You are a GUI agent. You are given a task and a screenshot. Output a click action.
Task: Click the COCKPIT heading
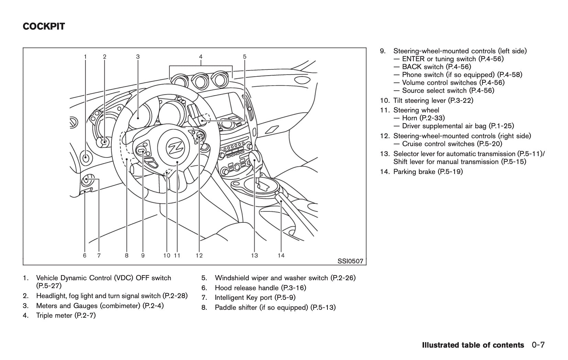tap(44, 26)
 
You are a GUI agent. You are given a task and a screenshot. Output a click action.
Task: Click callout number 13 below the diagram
tap(254, 255)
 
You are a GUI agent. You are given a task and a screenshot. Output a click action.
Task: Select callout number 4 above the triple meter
tap(201, 57)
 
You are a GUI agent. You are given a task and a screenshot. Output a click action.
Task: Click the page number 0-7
tap(538, 345)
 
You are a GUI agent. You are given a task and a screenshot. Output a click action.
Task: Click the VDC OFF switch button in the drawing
tap(86, 157)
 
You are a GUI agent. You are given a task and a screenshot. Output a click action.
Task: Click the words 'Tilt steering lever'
tap(420, 100)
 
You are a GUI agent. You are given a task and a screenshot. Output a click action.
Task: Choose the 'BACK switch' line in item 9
tap(423, 67)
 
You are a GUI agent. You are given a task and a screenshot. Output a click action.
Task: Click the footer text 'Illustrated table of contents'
tap(473, 345)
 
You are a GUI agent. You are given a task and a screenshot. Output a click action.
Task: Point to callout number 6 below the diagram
tap(85, 255)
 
